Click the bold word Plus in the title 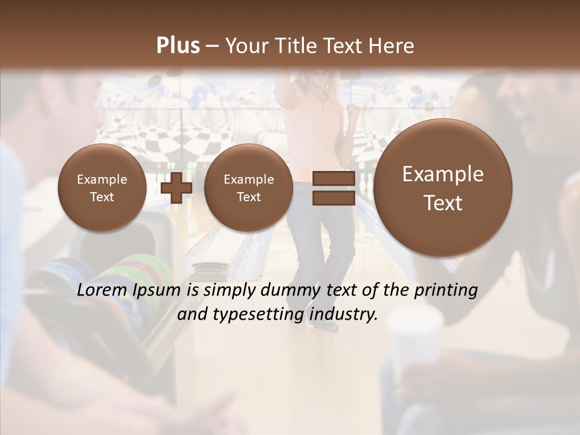coord(178,46)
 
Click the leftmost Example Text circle coord(102,188)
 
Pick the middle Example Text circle coord(248,188)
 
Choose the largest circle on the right coord(443,188)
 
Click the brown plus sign coord(177,188)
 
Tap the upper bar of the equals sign coord(333,178)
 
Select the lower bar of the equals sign coord(333,198)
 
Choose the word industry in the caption coord(345,315)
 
